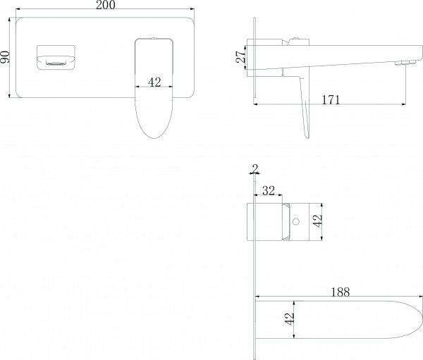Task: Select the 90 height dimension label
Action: pyautogui.click(x=6, y=57)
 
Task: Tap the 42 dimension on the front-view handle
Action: pyautogui.click(x=155, y=82)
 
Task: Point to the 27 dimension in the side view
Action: pyautogui.click(x=240, y=56)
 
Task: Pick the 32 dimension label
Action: pyautogui.click(x=269, y=190)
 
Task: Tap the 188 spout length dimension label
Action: pyautogui.click(x=340, y=290)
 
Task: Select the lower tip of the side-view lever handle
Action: pyautogui.click(x=307, y=137)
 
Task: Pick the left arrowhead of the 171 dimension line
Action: pyautogui.click(x=257, y=106)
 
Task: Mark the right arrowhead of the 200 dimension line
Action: pyautogui.click(x=193, y=12)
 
